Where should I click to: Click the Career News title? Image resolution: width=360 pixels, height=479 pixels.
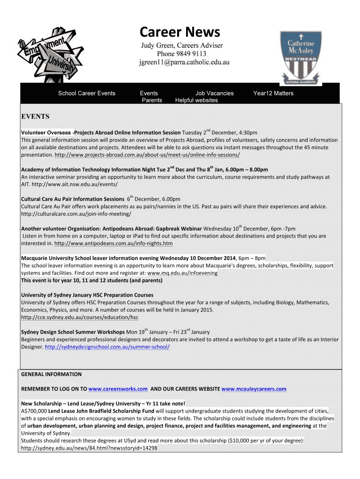pyautogui.click(x=180, y=32)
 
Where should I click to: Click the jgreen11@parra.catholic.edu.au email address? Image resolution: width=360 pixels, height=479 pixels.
pyautogui.click(x=184, y=62)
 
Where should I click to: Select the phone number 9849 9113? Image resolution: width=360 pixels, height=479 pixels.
pyautogui.click(x=190, y=54)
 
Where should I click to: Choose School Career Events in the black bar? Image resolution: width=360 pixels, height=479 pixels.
pyautogui.click(x=86, y=93)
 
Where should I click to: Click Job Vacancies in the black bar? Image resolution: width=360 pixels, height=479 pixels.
pyautogui.click(x=214, y=93)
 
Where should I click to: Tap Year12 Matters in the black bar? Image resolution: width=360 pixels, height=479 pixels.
pyautogui.click(x=273, y=93)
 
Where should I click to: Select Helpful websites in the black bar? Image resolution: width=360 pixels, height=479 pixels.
pyautogui.click(x=196, y=100)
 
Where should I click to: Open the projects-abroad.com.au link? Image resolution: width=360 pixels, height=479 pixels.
pyautogui.click(x=147, y=154)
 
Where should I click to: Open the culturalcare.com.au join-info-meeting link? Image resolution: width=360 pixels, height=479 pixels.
pyautogui.click(x=76, y=214)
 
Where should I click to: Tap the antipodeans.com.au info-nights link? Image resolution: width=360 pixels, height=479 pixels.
pyautogui.click(x=114, y=244)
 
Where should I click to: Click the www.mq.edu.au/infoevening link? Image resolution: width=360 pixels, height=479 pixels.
pyautogui.click(x=182, y=273)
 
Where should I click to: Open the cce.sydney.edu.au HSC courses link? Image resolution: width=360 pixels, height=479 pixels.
pyautogui.click(x=80, y=317)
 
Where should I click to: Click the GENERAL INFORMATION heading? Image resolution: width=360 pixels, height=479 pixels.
pyautogui.click(x=51, y=374)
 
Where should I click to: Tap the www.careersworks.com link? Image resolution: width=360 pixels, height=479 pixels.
pyautogui.click(x=118, y=389)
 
